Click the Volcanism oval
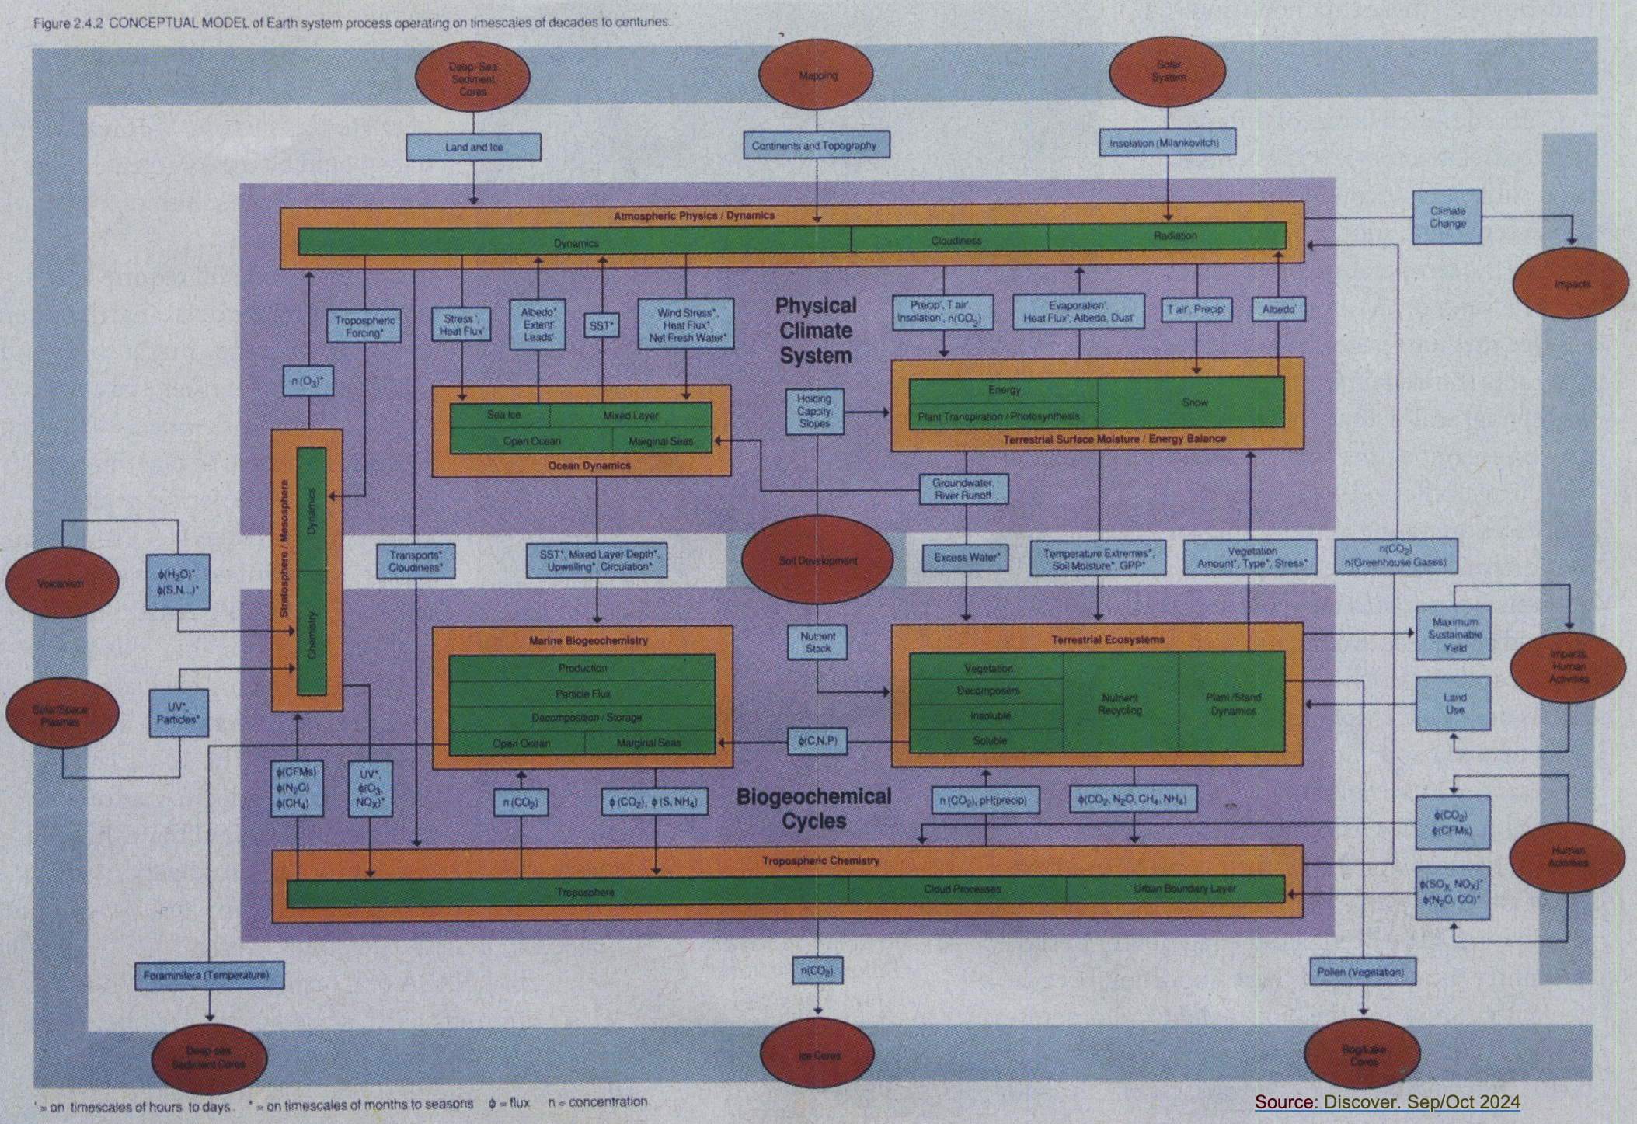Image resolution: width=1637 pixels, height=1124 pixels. coord(62,583)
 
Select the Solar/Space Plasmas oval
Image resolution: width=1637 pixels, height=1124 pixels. coord(62,715)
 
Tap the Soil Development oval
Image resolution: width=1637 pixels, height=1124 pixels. coord(817,560)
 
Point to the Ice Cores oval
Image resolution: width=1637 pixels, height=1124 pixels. coord(818,1055)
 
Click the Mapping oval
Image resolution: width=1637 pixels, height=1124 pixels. coord(818,76)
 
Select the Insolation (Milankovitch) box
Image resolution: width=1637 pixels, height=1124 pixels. coord(1164,143)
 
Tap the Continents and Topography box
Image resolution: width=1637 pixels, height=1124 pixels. coord(813,145)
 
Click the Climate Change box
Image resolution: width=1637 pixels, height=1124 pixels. coord(1447,217)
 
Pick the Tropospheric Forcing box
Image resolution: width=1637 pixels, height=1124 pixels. coord(364,326)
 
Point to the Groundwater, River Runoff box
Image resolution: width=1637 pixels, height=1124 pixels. coord(963,489)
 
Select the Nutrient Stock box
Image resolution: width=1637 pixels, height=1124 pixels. coord(817,642)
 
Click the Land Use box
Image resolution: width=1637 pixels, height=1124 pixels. coord(1454,704)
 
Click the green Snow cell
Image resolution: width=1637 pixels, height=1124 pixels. coord(1194,402)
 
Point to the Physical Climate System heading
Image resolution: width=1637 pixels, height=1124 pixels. coord(816,330)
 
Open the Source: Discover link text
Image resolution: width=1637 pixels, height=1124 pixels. coord(1387,1101)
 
